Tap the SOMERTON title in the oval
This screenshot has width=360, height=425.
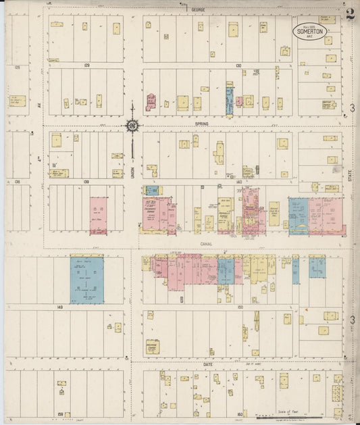[309, 31]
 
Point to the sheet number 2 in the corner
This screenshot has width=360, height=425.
[350, 15]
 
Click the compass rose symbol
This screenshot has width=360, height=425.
[132, 125]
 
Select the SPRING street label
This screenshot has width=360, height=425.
[201, 124]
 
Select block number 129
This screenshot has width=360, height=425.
[86, 66]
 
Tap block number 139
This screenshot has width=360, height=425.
[86, 182]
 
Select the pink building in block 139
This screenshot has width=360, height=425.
[98, 216]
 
